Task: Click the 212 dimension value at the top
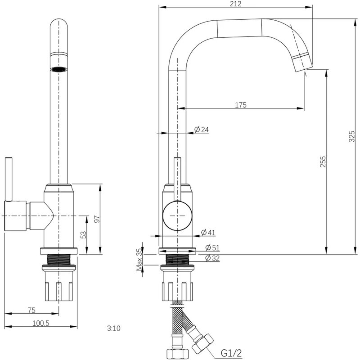click(235, 4)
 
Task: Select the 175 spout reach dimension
click(241, 105)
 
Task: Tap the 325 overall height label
click(352, 136)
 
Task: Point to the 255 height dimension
click(323, 162)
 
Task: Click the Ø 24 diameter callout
click(201, 130)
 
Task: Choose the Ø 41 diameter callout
click(208, 232)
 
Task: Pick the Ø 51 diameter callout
click(212, 247)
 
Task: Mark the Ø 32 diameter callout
click(212, 258)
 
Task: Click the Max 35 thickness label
click(139, 260)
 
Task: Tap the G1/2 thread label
click(231, 353)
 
